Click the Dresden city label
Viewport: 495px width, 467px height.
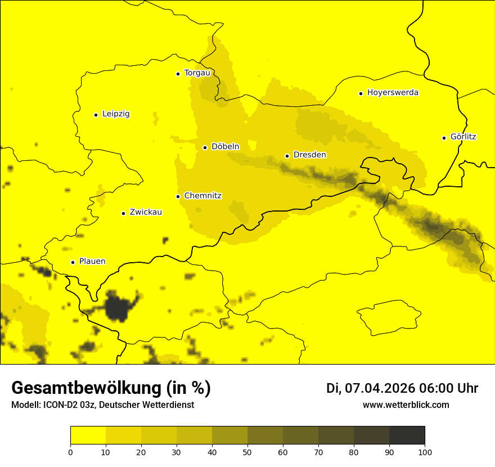(x=309, y=155)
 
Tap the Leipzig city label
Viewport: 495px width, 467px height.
(x=116, y=114)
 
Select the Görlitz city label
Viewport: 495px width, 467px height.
(x=463, y=137)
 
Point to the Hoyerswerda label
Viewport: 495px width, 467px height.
(x=393, y=93)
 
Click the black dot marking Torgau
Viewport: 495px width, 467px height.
(x=178, y=74)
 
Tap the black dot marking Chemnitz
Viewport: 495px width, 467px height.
(x=178, y=196)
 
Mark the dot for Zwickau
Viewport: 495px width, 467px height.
(x=123, y=213)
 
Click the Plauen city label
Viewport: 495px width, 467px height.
(x=92, y=262)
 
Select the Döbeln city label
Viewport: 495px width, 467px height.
(x=225, y=147)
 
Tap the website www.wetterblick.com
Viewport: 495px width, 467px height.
(x=406, y=405)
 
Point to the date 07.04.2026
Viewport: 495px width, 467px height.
(x=380, y=388)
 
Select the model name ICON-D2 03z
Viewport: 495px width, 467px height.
(x=67, y=405)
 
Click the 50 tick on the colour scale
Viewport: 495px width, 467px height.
(x=247, y=451)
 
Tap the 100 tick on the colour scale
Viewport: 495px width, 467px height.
(x=425, y=451)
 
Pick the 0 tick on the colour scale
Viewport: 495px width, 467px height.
(x=70, y=451)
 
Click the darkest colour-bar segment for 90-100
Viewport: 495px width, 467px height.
(x=407, y=435)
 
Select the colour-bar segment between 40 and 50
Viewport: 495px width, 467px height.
(x=229, y=435)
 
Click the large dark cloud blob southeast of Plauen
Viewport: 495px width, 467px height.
(x=118, y=308)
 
